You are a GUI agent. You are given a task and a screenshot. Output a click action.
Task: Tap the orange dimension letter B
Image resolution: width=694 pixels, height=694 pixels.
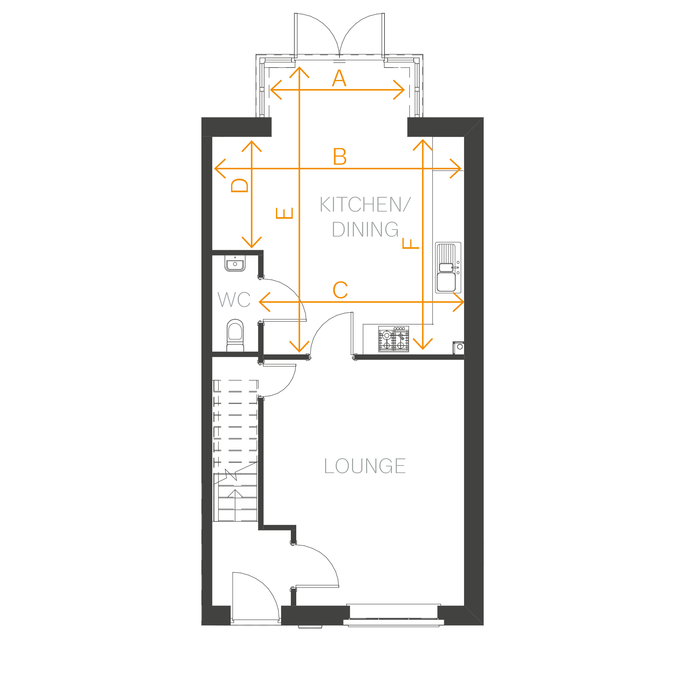[x=340, y=157]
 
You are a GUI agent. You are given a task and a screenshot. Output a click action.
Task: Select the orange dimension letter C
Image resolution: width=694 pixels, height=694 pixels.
[x=340, y=290]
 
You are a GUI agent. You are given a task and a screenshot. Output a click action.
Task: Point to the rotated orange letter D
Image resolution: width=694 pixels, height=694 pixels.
[x=240, y=185]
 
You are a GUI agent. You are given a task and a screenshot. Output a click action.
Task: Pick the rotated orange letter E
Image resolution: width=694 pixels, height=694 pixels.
[x=285, y=213]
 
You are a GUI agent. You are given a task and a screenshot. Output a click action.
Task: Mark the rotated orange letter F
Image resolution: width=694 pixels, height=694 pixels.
[x=411, y=244]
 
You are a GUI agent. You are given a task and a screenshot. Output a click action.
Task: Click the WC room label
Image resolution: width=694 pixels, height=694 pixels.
[x=234, y=300]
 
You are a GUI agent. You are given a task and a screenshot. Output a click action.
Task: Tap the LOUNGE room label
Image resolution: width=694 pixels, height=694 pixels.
[x=365, y=466]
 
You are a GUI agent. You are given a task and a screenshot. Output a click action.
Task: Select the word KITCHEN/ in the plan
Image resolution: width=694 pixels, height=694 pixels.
[x=365, y=205]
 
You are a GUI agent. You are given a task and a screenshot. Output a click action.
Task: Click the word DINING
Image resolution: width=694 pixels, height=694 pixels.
[x=365, y=230]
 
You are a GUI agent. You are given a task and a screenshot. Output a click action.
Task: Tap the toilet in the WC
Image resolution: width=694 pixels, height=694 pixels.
[x=235, y=336]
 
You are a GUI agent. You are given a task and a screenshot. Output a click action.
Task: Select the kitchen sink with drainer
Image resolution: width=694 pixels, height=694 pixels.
[x=448, y=267]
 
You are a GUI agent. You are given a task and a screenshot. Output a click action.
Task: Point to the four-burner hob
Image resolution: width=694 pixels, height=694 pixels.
[x=393, y=339]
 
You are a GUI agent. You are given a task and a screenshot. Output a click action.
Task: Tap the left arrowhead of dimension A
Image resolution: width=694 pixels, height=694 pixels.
[x=276, y=90]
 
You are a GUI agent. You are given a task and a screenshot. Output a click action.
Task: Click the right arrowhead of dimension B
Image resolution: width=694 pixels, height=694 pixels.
[x=456, y=169]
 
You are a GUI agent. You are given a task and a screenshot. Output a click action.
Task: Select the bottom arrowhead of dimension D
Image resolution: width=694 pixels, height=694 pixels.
[x=252, y=242]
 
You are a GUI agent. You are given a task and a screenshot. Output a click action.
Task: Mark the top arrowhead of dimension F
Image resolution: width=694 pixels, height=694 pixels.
[x=423, y=145]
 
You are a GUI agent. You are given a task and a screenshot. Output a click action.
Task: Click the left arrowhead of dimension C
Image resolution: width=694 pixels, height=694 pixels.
[x=265, y=302]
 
